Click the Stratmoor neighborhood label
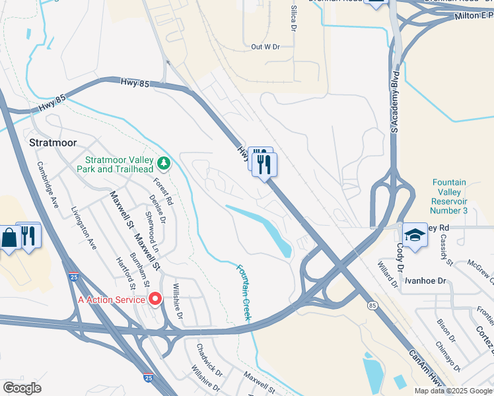pos(53,143)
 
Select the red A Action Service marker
pos(156,299)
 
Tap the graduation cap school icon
pos(414,235)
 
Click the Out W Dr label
pos(265,47)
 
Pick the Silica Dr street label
pos(293,20)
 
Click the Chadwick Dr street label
pos(210,356)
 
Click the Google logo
pos(22,388)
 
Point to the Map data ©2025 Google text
pos(454,391)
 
